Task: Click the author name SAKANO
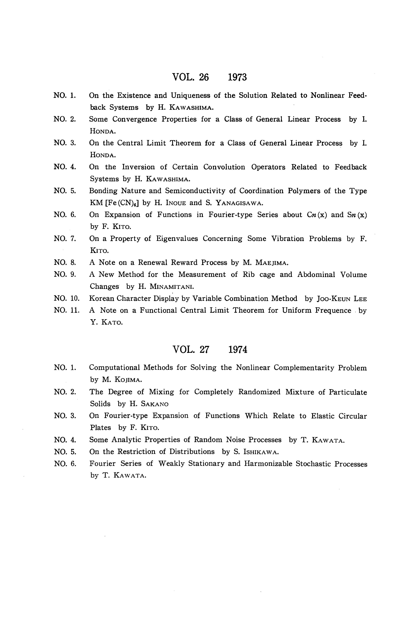[152, 404]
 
